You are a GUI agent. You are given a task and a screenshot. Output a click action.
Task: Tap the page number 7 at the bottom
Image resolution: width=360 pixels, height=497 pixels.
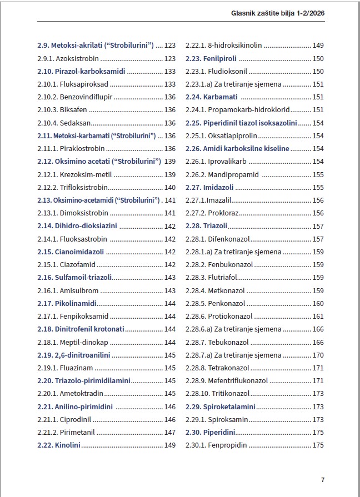[x=323, y=480]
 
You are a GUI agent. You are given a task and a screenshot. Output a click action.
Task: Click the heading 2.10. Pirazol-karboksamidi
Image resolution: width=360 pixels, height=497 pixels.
[x=81, y=71]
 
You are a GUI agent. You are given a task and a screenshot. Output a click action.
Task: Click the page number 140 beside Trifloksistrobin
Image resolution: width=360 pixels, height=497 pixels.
[x=170, y=188]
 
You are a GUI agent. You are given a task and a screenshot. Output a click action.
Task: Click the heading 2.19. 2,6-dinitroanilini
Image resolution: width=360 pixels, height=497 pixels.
[x=74, y=355]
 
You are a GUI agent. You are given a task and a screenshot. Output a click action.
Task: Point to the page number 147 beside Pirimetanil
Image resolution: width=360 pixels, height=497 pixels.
[x=170, y=433]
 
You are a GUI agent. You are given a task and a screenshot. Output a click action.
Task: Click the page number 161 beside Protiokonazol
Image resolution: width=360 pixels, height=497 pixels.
[x=318, y=317]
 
